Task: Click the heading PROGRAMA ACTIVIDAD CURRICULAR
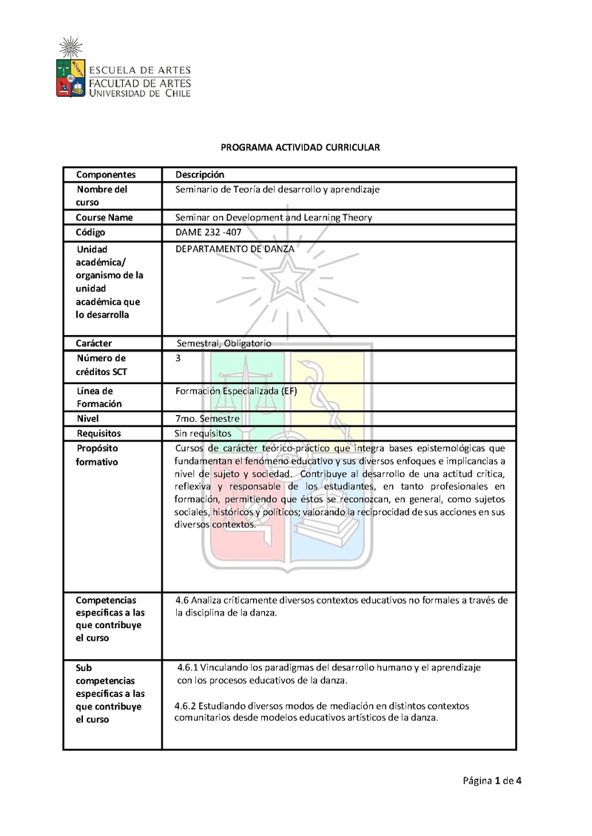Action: point(300,147)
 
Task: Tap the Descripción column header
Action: point(199,175)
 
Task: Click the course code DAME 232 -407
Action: point(208,232)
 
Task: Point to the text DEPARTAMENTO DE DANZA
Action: point(235,249)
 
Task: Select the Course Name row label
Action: point(104,218)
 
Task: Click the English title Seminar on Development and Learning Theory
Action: point(274,218)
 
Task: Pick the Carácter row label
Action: point(98,343)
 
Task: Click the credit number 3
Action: point(178,358)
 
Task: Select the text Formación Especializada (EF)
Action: point(236,390)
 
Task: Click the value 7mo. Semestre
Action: point(207,419)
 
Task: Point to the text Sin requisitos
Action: point(203,433)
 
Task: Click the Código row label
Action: point(91,232)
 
